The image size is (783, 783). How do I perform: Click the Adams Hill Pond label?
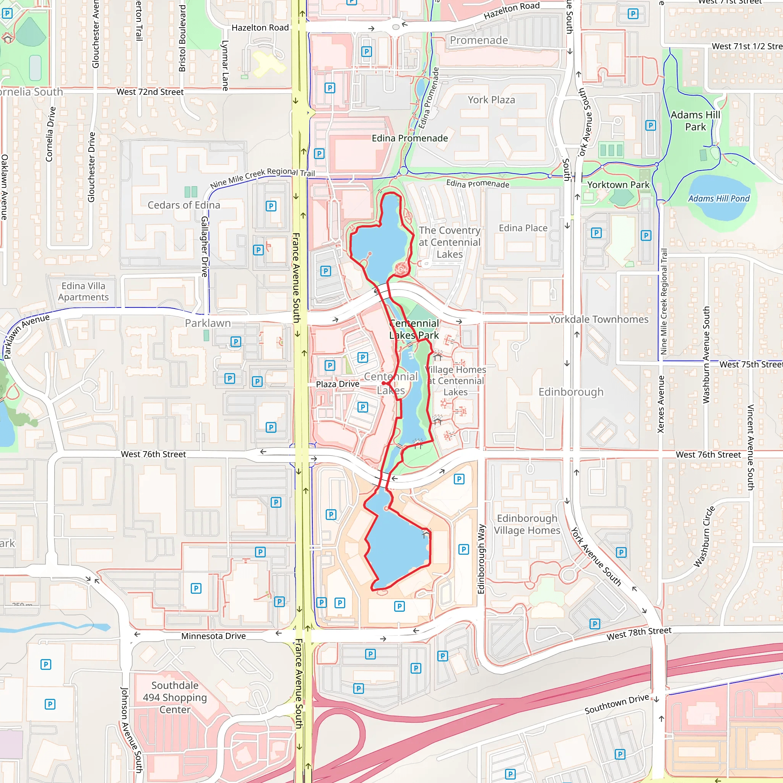718,198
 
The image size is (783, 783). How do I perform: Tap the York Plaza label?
491,100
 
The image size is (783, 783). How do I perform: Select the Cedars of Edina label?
184,205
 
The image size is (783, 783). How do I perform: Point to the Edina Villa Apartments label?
83,291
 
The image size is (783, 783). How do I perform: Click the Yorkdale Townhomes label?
599,319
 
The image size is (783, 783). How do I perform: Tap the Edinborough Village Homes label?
527,524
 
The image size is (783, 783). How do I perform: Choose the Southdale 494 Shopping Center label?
175,697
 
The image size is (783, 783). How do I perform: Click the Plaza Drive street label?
337,384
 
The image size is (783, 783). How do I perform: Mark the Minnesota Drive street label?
213,636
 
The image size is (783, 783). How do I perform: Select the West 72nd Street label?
150,92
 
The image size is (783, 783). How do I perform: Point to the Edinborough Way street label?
481,559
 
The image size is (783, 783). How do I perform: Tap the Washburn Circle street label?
704,536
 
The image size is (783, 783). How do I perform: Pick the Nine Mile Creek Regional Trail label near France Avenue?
262,177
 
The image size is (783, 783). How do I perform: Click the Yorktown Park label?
618,185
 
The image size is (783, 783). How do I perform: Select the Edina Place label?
523,228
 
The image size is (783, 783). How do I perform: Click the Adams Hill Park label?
695,121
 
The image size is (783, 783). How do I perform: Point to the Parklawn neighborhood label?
208,323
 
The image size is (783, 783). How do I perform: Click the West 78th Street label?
639,634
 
